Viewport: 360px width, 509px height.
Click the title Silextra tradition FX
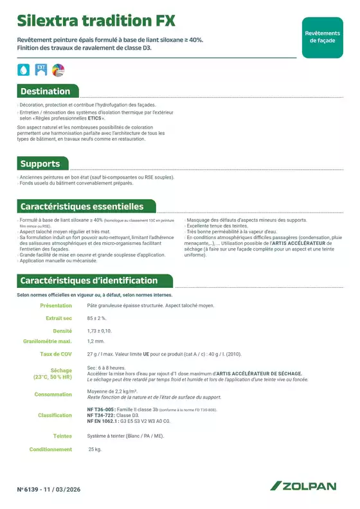click(x=96, y=21)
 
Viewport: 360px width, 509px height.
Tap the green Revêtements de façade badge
click(x=322, y=37)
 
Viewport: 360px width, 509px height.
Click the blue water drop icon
click(x=24, y=69)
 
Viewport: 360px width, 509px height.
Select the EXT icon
click(x=41, y=69)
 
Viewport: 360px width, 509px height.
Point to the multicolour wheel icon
click(x=59, y=69)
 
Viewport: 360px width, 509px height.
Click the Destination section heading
click(x=46, y=91)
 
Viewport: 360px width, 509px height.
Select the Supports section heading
click(x=40, y=164)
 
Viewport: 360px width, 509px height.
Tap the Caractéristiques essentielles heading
click(x=82, y=207)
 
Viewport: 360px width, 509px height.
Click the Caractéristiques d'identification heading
click(x=89, y=281)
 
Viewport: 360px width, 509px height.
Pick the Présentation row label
click(x=56, y=306)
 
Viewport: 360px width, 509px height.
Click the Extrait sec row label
click(x=59, y=318)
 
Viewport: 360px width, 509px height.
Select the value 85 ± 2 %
click(x=97, y=318)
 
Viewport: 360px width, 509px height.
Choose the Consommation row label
click(x=53, y=395)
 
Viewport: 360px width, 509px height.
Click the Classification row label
click(x=55, y=415)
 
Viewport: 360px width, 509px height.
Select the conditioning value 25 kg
click(x=94, y=449)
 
